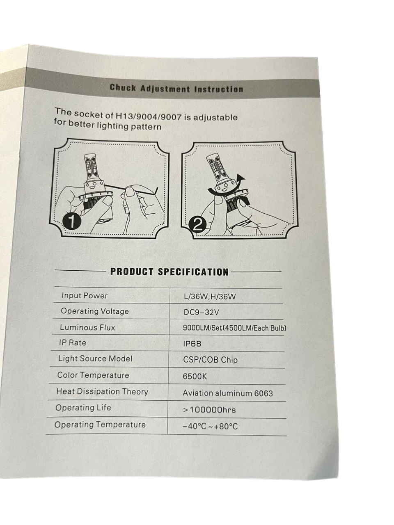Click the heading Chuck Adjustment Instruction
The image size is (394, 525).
pyautogui.click(x=176, y=89)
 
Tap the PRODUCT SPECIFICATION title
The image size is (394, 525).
pyautogui.click(x=170, y=272)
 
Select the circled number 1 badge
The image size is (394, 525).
pyautogui.click(x=72, y=221)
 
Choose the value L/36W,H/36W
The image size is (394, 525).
pyautogui.click(x=210, y=297)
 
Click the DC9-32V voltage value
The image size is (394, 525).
pyautogui.click(x=201, y=313)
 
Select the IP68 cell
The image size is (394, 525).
pyautogui.click(x=192, y=344)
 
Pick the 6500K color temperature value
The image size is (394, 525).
pyautogui.click(x=195, y=377)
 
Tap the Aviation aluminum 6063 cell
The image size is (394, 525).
pyautogui.click(x=228, y=393)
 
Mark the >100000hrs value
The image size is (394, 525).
pyautogui.click(x=209, y=410)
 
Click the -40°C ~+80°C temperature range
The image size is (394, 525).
pyautogui.click(x=210, y=427)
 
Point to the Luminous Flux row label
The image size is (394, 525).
pyautogui.click(x=87, y=327)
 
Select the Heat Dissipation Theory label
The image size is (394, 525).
pyautogui.click(x=102, y=392)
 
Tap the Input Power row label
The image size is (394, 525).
pyautogui.click(x=85, y=296)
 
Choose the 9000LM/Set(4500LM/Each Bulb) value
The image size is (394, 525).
pyautogui.click(x=234, y=328)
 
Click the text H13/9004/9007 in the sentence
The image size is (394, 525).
pyautogui.click(x=147, y=116)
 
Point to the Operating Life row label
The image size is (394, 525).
pyautogui.click(x=83, y=408)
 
